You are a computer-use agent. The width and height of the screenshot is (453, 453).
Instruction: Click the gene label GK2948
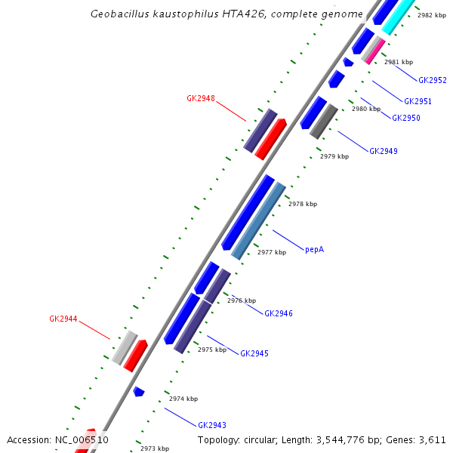pos(201,98)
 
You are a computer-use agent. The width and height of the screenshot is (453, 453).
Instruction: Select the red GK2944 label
pos(63,319)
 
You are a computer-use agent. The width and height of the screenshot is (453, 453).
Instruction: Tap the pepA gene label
pos(314,248)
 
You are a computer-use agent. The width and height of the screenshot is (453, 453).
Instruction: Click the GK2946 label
pos(279,313)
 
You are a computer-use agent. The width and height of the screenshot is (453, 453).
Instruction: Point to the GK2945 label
pos(254,353)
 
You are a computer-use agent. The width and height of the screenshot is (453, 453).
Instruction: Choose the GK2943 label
pos(212,425)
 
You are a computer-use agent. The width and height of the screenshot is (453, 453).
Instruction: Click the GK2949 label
pos(384,151)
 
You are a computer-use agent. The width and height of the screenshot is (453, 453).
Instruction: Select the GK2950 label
pos(406,118)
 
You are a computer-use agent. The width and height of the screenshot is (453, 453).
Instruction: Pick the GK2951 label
pos(418,101)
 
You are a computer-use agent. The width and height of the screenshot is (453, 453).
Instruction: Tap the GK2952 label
pos(433,79)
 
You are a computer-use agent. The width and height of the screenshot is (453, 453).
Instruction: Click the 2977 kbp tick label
pos(272,252)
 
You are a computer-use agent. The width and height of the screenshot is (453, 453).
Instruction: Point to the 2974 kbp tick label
pos(183,399)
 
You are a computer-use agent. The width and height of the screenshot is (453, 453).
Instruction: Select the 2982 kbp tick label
pos(432,15)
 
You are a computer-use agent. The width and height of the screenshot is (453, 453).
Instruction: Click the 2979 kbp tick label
pos(334,156)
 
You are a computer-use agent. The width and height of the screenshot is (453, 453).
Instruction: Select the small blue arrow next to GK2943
pos(138,391)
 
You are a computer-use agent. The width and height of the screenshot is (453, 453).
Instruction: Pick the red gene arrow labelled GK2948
pos(271,138)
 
